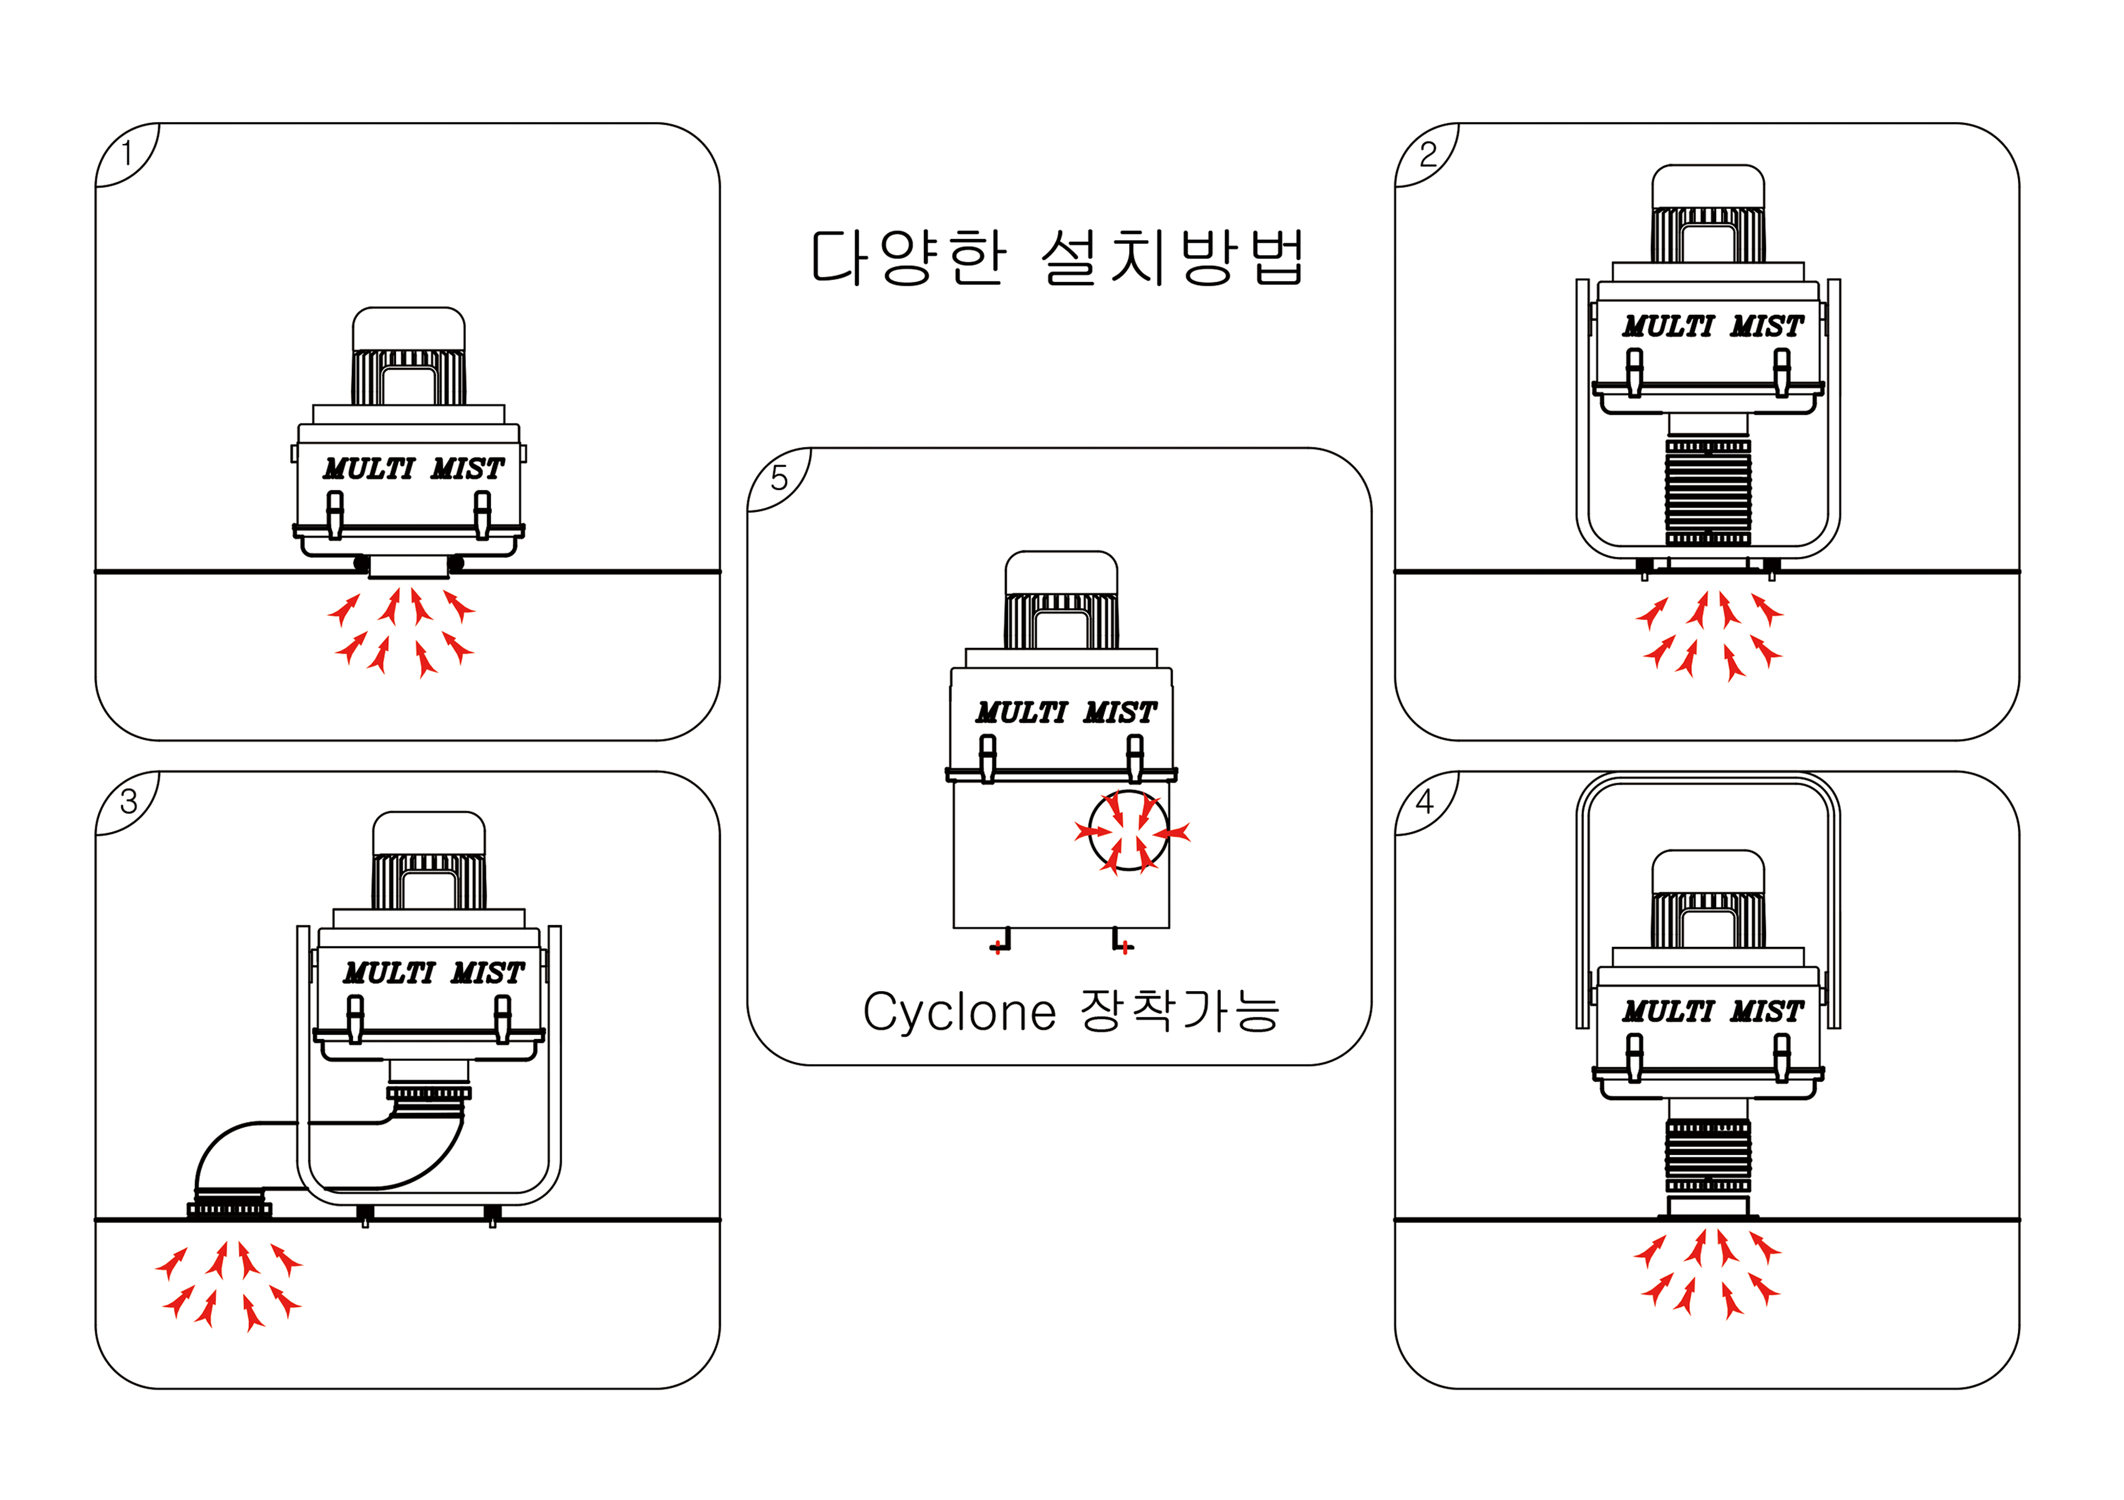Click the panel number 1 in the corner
[x=127, y=153]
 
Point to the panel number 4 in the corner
[x=1425, y=801]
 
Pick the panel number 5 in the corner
[x=779, y=478]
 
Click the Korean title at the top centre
[x=1057, y=257]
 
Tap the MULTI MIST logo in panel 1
[x=412, y=469]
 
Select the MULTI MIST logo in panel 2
[x=1712, y=326]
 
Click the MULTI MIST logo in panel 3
[x=433, y=973]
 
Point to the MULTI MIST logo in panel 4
[x=1712, y=1012]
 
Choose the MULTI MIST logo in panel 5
[x=1065, y=713]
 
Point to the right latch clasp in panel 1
[x=482, y=514]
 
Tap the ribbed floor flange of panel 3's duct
[x=230, y=1209]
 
